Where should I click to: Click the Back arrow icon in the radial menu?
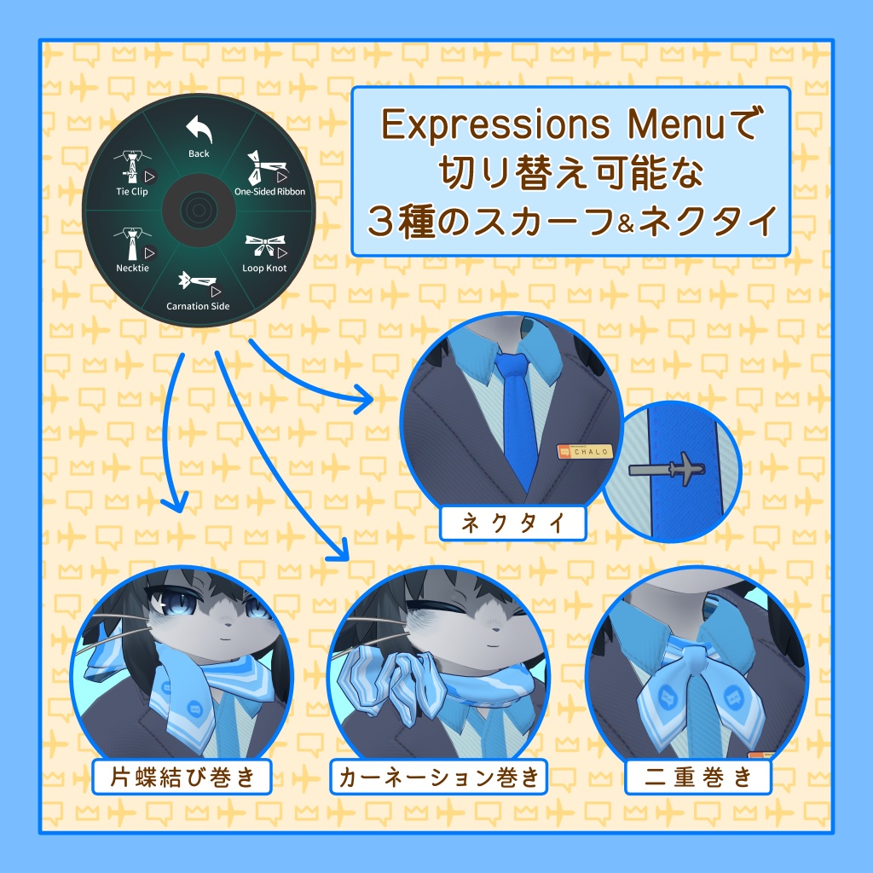[x=199, y=130]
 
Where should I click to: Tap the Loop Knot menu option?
[x=264, y=251]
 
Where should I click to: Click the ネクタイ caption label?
[x=512, y=524]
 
